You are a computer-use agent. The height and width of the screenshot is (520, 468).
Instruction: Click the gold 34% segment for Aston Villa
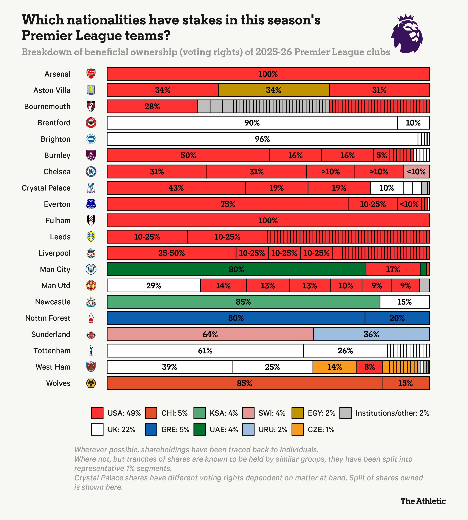coord(273,90)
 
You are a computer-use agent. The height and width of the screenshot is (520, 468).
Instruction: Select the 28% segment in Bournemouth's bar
coord(152,106)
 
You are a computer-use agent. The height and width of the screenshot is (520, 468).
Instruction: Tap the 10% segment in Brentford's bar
coord(413,123)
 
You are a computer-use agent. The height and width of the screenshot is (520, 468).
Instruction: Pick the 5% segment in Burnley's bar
coord(382,155)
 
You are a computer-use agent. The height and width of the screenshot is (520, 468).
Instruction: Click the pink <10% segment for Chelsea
coord(416,172)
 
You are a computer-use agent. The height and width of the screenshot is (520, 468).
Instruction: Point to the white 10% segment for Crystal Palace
coord(387,188)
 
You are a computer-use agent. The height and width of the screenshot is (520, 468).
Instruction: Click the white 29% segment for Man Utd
coord(154,285)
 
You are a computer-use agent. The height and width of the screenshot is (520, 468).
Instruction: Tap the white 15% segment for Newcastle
coord(405,302)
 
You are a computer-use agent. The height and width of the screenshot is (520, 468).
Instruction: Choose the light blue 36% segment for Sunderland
coord(371,334)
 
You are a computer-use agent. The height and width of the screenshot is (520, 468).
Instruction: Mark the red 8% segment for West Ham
coord(370,367)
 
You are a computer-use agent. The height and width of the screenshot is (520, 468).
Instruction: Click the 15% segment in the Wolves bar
coord(406,383)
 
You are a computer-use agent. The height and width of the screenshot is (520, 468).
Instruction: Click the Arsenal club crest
coord(91,74)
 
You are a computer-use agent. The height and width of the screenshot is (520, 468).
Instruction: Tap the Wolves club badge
coord(91,383)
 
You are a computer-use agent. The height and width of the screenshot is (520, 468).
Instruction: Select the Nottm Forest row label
coord(48,318)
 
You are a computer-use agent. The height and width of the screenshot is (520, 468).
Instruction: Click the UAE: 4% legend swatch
coord(200,430)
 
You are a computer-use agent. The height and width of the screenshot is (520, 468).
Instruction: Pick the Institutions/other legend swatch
coord(345,413)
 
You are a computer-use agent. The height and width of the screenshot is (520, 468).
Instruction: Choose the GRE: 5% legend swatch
coord(151,430)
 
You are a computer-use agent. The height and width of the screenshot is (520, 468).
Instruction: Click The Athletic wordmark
coord(423,501)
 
